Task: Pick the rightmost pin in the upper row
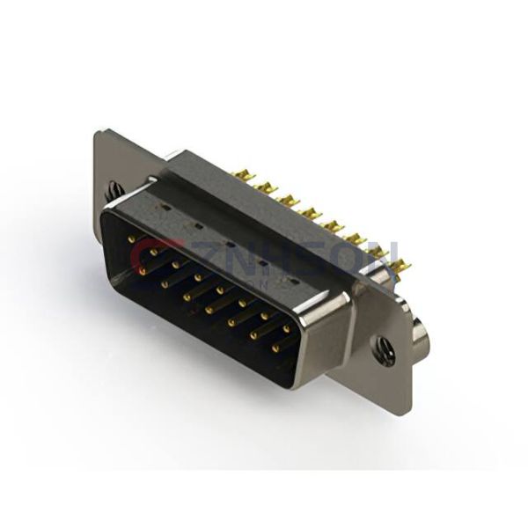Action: (x=285, y=330)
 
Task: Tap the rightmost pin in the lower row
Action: (x=275, y=348)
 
